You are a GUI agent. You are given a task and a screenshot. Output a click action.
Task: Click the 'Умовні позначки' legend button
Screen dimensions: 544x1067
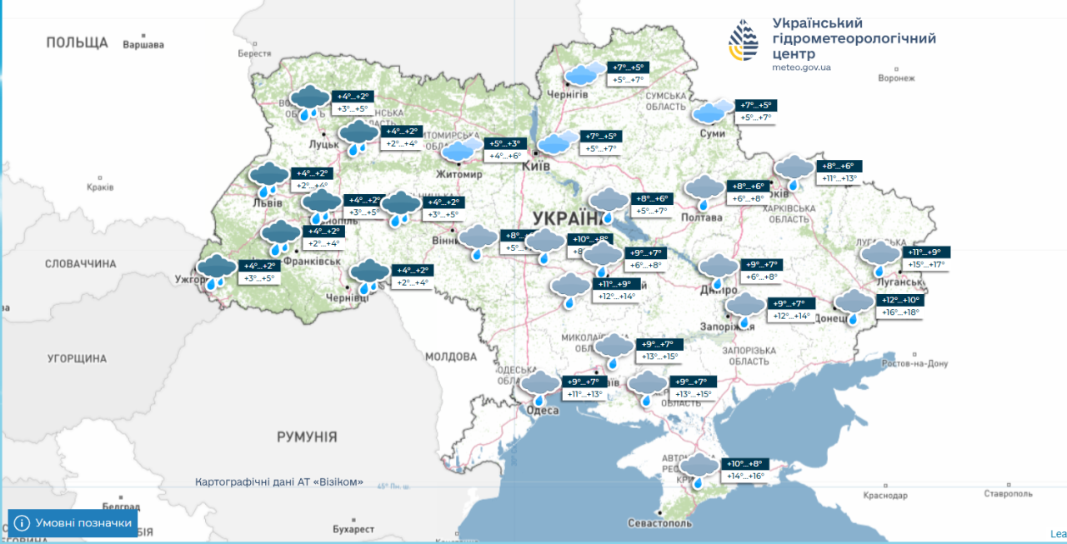click(73, 523)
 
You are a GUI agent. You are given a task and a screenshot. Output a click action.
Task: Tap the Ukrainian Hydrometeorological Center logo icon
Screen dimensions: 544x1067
click(744, 42)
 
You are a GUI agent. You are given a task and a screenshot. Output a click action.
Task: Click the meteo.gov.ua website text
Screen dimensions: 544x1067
click(801, 67)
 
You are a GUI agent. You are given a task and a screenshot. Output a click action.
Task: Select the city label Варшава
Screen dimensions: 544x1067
click(143, 44)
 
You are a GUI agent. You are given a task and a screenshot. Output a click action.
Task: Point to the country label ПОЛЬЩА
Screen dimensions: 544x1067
click(78, 42)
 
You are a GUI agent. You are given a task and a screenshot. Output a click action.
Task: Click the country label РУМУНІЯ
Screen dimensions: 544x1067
click(307, 437)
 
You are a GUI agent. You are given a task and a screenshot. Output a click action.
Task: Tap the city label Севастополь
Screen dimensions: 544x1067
click(660, 524)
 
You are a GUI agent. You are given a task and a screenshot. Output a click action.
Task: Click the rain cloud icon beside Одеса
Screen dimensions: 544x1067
click(540, 386)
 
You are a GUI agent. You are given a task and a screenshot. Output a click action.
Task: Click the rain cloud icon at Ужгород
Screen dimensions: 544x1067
click(217, 271)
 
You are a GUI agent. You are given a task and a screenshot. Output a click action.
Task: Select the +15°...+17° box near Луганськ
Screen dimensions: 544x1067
click(925, 265)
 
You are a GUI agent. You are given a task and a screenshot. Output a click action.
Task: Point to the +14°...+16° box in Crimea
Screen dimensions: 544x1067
click(744, 477)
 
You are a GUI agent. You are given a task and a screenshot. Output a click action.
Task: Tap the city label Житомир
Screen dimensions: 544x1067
click(458, 175)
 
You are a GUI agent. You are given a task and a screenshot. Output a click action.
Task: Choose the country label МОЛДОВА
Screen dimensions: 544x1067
click(450, 357)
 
